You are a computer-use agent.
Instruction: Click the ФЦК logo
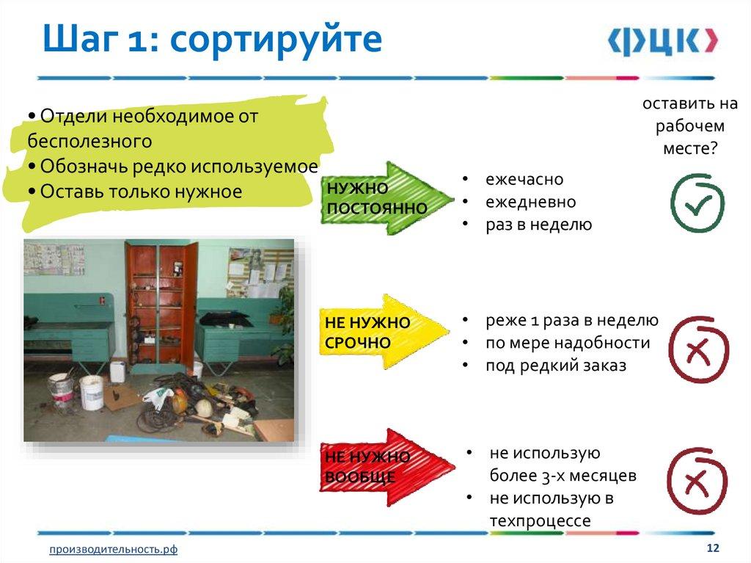click(x=663, y=41)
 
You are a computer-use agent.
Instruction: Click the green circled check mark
click(x=697, y=203)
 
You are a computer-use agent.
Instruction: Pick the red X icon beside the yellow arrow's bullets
click(x=699, y=349)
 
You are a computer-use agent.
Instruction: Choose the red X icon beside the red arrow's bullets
click(x=697, y=481)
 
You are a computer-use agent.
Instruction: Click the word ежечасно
click(x=524, y=179)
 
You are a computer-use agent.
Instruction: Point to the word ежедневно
click(x=531, y=202)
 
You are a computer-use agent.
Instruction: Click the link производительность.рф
click(x=114, y=549)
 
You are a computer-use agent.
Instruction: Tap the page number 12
click(x=713, y=548)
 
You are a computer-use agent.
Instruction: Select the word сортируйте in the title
click(x=276, y=40)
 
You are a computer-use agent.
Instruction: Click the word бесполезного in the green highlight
click(x=89, y=141)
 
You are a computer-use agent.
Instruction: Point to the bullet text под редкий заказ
click(x=556, y=366)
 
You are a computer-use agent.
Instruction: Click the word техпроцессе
click(x=541, y=521)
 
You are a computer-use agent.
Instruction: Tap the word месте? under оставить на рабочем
click(x=690, y=148)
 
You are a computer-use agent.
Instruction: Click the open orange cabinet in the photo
click(x=161, y=307)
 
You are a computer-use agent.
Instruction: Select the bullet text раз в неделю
click(x=539, y=225)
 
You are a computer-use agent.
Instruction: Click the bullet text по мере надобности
click(x=568, y=343)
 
